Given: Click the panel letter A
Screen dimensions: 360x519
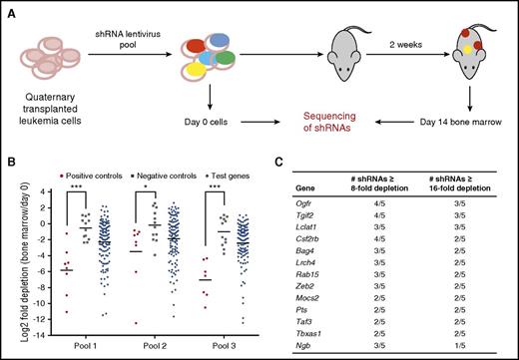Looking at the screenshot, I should point(7,8).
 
